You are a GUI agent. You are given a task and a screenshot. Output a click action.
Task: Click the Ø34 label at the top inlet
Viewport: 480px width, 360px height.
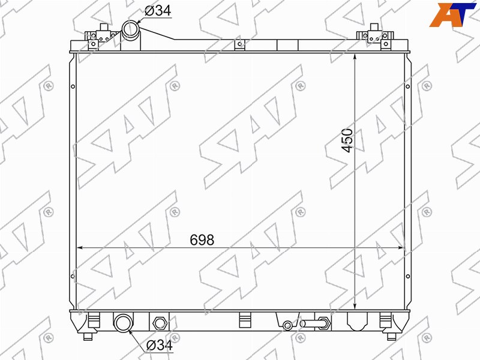tap(158, 11)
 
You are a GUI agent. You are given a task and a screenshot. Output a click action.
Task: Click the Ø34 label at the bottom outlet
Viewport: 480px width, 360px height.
tap(160, 346)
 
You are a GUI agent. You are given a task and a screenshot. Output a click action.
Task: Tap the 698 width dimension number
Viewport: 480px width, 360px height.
tap(202, 239)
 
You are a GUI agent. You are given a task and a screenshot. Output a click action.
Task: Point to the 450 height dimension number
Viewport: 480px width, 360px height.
tap(347, 140)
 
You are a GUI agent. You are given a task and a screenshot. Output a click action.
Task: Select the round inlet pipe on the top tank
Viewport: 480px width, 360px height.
tap(131, 29)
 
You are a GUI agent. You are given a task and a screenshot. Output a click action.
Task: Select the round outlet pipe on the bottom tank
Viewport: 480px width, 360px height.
tap(124, 322)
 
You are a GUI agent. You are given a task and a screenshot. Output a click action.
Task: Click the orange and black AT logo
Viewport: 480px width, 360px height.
tap(453, 14)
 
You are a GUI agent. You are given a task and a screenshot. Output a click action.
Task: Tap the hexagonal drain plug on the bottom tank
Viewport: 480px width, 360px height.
tap(159, 323)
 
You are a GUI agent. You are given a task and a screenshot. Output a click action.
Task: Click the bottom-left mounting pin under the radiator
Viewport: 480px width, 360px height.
tap(88, 337)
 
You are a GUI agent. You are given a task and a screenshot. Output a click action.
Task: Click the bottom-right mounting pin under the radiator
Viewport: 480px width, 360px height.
tap(392, 337)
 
